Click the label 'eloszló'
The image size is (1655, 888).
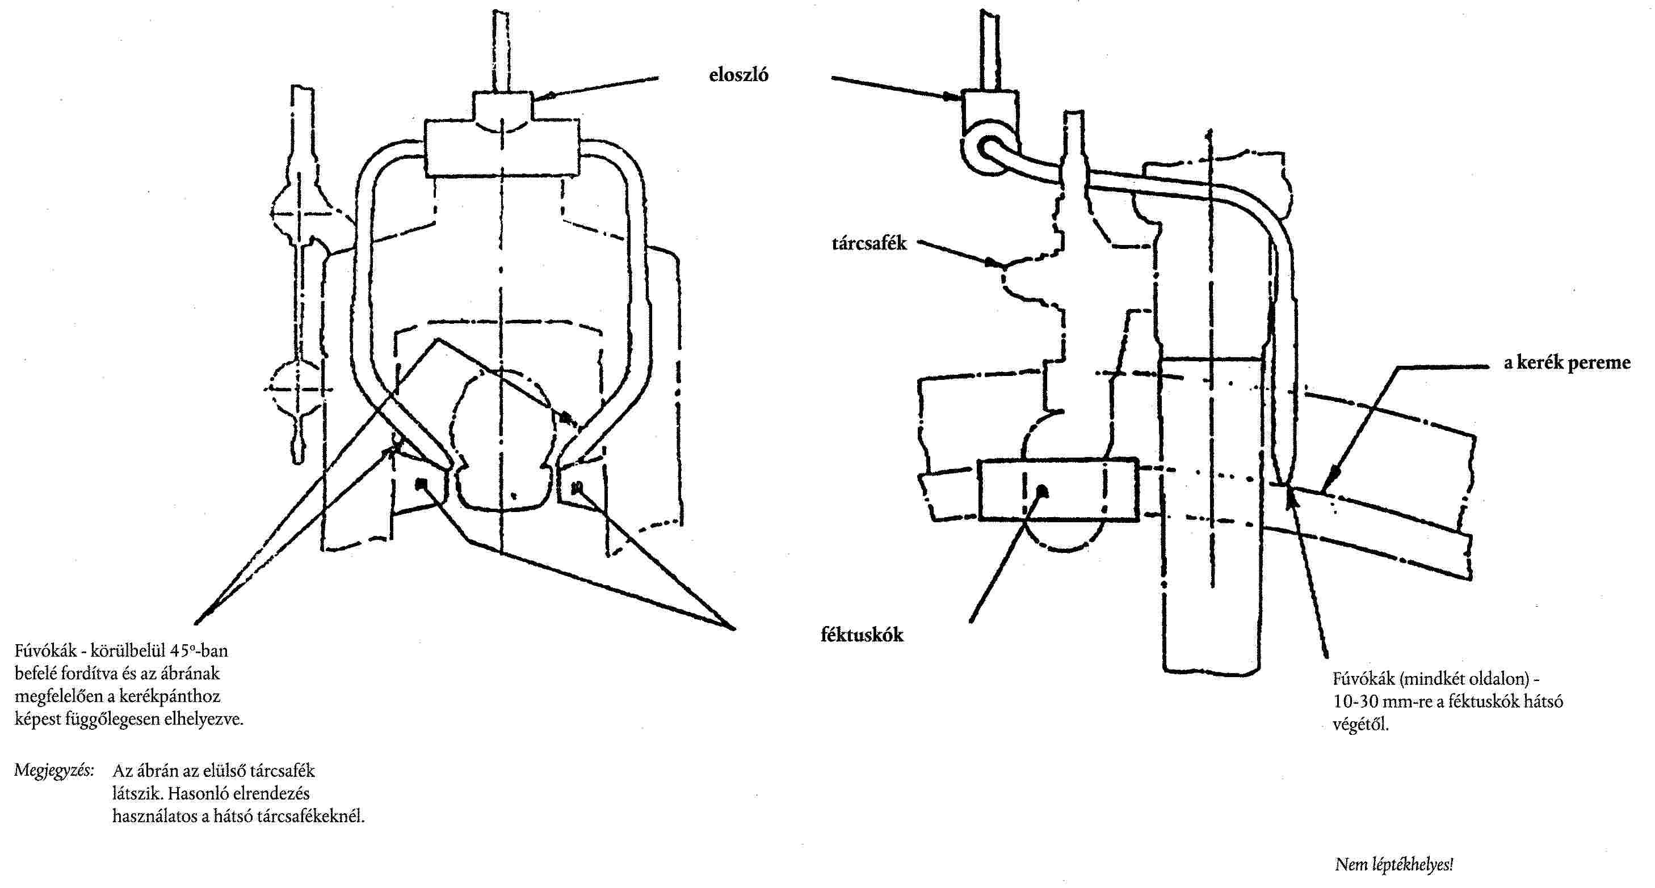(x=738, y=75)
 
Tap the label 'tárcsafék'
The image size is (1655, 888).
(x=868, y=243)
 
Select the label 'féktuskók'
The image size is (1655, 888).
(x=862, y=635)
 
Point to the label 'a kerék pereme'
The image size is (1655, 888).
(x=1566, y=363)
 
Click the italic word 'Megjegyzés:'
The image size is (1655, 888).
(x=54, y=771)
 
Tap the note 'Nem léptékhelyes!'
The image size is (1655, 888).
(x=1393, y=864)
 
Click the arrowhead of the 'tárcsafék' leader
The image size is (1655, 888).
(x=994, y=262)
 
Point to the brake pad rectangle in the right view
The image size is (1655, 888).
(x=1057, y=489)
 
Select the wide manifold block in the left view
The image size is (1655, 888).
(x=501, y=150)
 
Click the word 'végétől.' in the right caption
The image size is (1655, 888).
(x=1360, y=725)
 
